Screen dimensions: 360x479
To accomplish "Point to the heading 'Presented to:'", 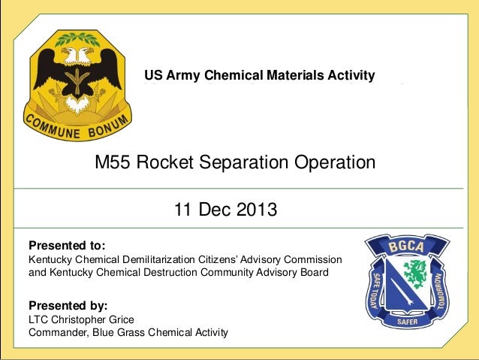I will click(x=67, y=246).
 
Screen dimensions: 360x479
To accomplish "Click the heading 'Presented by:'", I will click(x=68, y=306).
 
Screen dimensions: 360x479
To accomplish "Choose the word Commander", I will click(x=56, y=332).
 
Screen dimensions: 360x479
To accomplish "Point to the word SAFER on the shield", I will click(x=407, y=322).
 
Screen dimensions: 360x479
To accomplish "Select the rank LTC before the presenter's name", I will click(x=39, y=319).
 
